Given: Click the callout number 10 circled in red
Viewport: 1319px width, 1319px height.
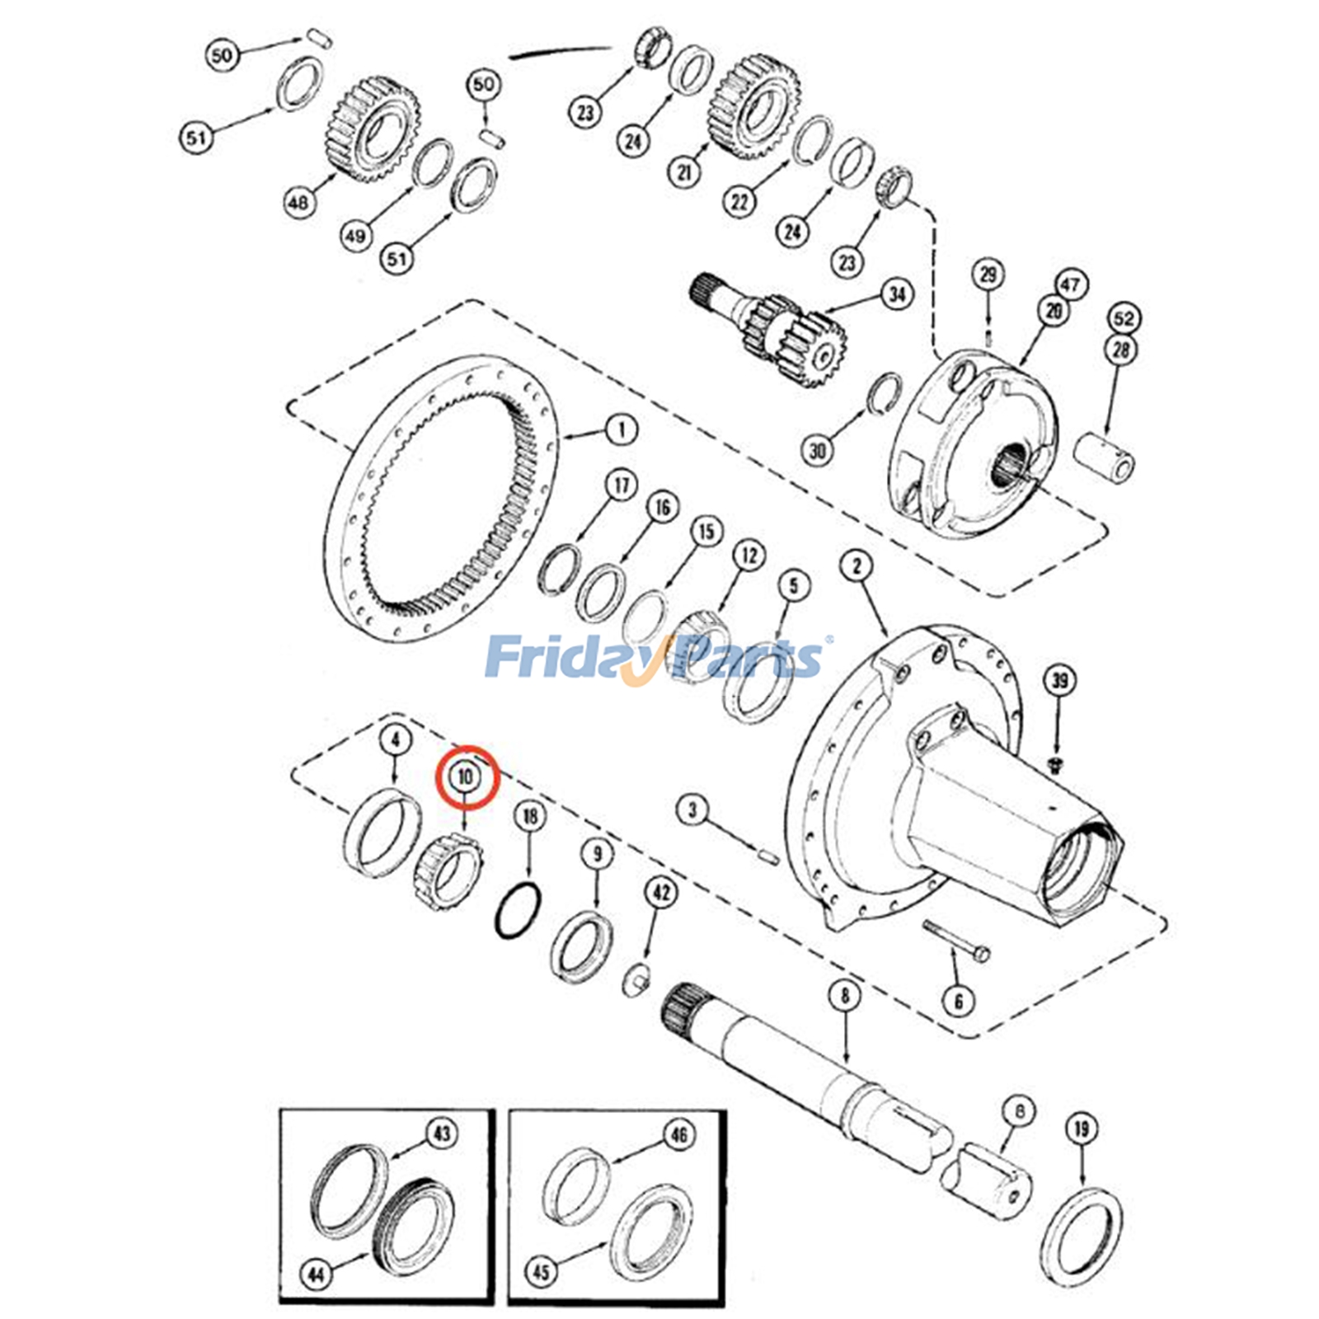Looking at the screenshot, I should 466,776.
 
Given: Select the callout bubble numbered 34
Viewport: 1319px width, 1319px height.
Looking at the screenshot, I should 896,294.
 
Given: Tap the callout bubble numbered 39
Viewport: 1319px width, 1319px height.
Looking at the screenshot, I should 1059,680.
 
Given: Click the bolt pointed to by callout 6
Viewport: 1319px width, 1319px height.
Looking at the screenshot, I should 956,941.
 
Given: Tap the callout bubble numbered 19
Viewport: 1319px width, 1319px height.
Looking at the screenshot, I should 1082,1129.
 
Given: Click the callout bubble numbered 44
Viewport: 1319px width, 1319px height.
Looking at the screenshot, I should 317,1275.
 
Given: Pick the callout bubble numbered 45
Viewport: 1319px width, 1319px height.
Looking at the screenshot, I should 540,1272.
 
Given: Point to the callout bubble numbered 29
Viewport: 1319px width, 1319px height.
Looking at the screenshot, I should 988,275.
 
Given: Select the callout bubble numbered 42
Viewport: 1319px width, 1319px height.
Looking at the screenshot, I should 661,892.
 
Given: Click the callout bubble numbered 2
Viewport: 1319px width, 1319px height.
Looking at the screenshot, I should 857,566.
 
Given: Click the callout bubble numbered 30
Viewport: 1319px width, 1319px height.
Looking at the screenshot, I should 817,451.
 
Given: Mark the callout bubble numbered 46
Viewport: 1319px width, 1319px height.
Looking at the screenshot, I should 678,1135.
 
